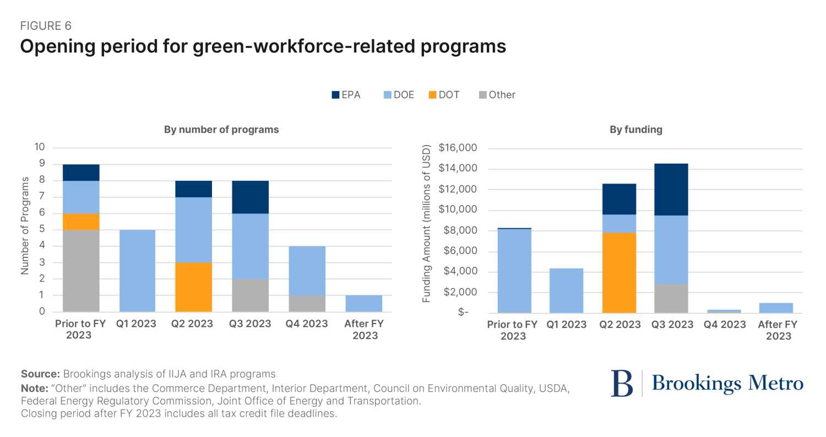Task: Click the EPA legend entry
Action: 345,95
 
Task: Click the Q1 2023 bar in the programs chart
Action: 137,271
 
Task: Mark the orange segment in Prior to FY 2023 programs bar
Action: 81,222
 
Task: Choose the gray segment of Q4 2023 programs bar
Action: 307,303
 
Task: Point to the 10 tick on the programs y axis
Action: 40,148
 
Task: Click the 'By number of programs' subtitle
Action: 221,130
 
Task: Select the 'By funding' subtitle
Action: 635,130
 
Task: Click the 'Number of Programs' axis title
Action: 25,225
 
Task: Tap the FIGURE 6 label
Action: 46,26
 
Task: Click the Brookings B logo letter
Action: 622,384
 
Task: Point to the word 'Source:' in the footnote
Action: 40,374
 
